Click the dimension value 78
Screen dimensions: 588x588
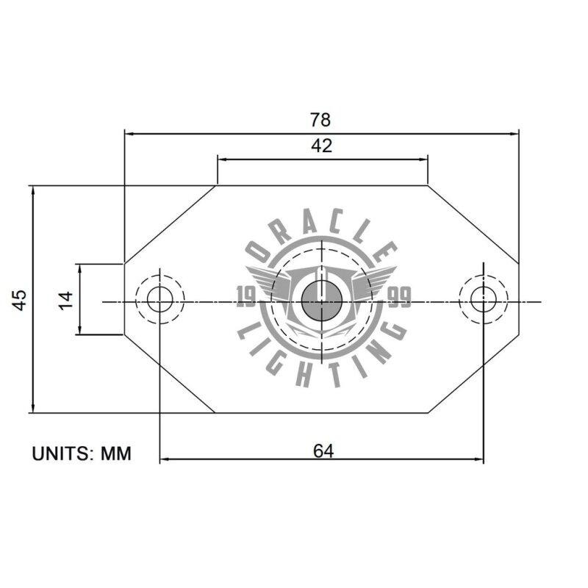point(321,119)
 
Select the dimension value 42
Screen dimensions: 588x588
point(321,146)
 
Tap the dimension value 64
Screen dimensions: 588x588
point(323,451)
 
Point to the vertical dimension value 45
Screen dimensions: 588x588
point(20,299)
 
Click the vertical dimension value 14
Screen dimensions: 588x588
point(66,299)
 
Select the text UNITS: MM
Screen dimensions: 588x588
point(82,453)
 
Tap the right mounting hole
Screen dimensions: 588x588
point(483,300)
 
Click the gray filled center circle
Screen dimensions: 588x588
point(321,301)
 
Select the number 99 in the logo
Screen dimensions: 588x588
point(399,296)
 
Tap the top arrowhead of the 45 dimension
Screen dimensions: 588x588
point(33,190)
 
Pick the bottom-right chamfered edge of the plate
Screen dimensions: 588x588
point(473,375)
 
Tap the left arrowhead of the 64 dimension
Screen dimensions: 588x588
point(165,460)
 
